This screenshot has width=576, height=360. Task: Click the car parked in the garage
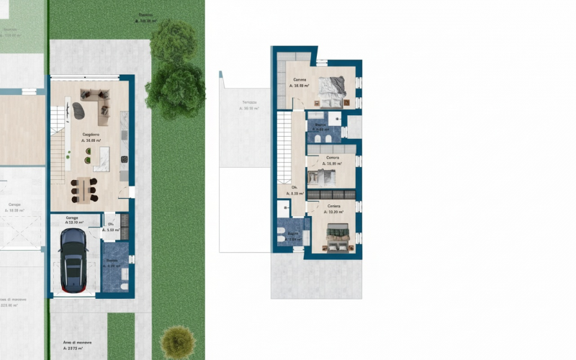[73, 263]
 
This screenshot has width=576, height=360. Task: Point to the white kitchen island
[102, 157]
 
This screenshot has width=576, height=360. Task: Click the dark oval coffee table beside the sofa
[78, 110]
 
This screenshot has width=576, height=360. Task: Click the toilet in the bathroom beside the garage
[125, 287]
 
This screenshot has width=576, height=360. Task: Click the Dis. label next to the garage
[111, 225]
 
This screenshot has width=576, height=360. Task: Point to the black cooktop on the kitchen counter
[124, 158]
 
